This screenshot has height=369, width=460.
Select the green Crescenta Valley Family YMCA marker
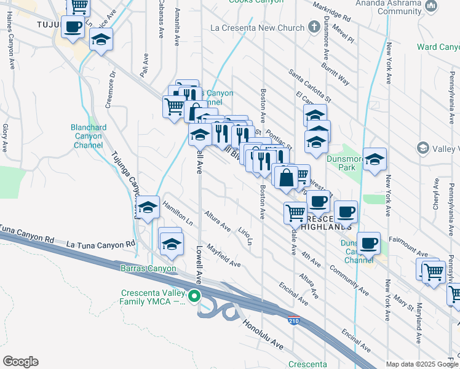click(195, 296)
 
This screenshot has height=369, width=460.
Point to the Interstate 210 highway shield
click(294, 320)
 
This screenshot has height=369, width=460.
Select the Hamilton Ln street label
click(178, 216)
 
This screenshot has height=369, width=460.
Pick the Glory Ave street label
click(4, 138)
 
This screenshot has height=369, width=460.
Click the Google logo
click(21, 361)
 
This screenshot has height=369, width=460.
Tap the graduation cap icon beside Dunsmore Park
click(374, 161)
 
